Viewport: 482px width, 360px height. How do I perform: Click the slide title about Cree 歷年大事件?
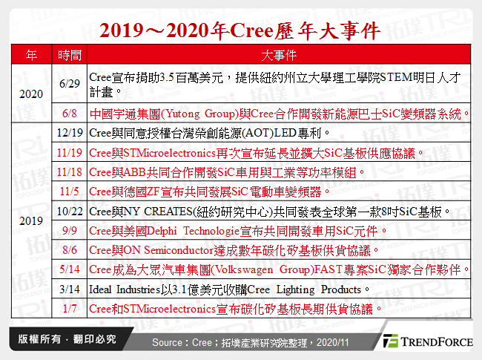tap(240, 30)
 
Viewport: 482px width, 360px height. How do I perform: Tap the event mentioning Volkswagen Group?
tap(278, 269)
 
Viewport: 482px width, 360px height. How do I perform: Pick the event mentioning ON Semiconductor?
tap(234, 249)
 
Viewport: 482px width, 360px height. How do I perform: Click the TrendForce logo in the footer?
tap(427, 342)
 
